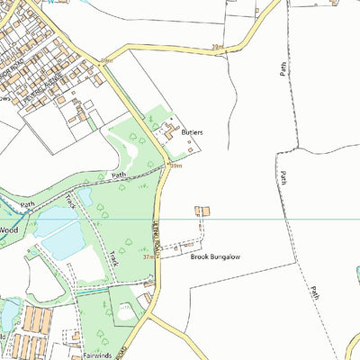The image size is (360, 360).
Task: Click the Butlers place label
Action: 192,132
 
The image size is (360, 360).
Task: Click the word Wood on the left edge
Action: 9,229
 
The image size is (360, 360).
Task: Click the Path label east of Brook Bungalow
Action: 315,292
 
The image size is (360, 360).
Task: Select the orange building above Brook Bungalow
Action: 202,211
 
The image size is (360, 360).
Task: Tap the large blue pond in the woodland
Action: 60,239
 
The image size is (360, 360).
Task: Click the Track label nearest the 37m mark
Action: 112,258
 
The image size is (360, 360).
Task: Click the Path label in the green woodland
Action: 118,175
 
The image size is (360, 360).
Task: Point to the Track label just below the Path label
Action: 70,200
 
